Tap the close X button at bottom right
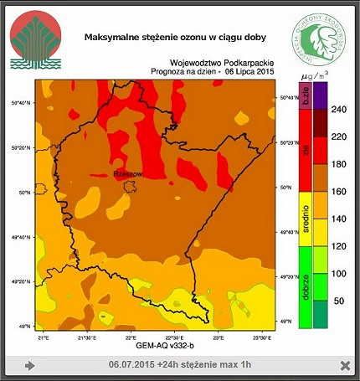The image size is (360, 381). [x=345, y=365]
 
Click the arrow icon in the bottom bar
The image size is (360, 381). [x=30, y=365]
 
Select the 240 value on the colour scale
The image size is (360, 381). [x=339, y=110]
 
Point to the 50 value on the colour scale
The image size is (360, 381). [x=339, y=300]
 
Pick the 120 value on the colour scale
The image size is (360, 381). [x=339, y=245]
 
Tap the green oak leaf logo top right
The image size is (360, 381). [x=318, y=39]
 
